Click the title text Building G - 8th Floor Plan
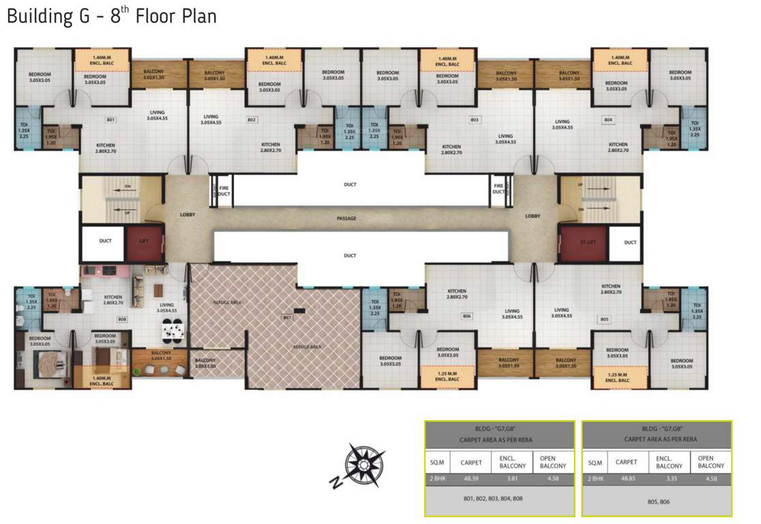click(112, 16)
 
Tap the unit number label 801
click(110, 120)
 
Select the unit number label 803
click(475, 120)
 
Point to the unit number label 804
click(608, 120)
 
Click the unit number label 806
click(467, 316)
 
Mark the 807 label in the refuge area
click(287, 317)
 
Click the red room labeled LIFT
click(145, 242)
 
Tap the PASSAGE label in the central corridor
click(346, 218)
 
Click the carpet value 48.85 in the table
click(627, 479)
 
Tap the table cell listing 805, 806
click(657, 501)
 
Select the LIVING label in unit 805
click(562, 312)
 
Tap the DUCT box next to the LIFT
click(105, 241)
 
